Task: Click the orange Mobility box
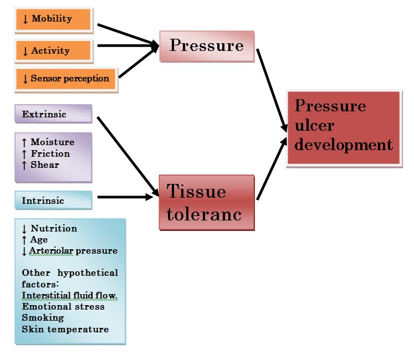[x=54, y=19]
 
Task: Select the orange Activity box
[x=54, y=51]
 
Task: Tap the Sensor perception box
[x=66, y=79]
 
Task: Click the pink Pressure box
[x=207, y=46]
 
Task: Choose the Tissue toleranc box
[x=206, y=202]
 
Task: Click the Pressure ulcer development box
[x=343, y=127]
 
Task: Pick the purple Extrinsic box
[x=53, y=115]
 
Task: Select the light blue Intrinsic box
[x=53, y=200]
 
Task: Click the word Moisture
[x=52, y=142]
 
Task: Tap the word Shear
[x=45, y=164]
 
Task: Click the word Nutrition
[x=54, y=228]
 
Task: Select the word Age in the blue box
[x=39, y=240]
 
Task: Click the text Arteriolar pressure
[x=73, y=251]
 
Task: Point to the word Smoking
[x=43, y=318]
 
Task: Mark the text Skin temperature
[x=65, y=329]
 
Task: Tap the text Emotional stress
[x=63, y=306]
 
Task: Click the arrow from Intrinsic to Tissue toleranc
[x=125, y=197]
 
